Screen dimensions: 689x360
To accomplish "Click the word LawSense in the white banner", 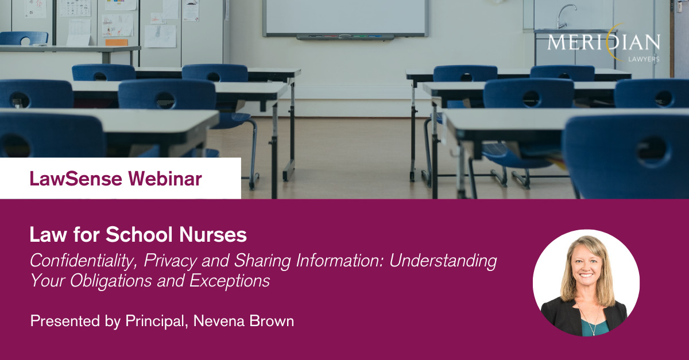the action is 76,179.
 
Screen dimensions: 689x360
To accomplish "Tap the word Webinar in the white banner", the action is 165,179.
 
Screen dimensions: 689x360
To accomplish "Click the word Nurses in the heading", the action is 213,234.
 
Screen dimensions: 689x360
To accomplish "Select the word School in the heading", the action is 139,234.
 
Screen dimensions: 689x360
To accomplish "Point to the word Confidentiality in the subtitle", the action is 83,261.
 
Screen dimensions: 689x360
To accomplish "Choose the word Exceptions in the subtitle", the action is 230,281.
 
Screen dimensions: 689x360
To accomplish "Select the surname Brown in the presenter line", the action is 272,321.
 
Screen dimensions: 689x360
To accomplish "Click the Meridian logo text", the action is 603,42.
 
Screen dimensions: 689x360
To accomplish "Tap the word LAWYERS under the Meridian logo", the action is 644,59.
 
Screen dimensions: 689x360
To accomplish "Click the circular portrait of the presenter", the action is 586,282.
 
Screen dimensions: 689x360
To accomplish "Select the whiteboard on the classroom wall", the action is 346,18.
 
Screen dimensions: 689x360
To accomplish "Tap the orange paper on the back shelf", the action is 117,42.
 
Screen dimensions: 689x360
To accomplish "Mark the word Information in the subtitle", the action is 339,261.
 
